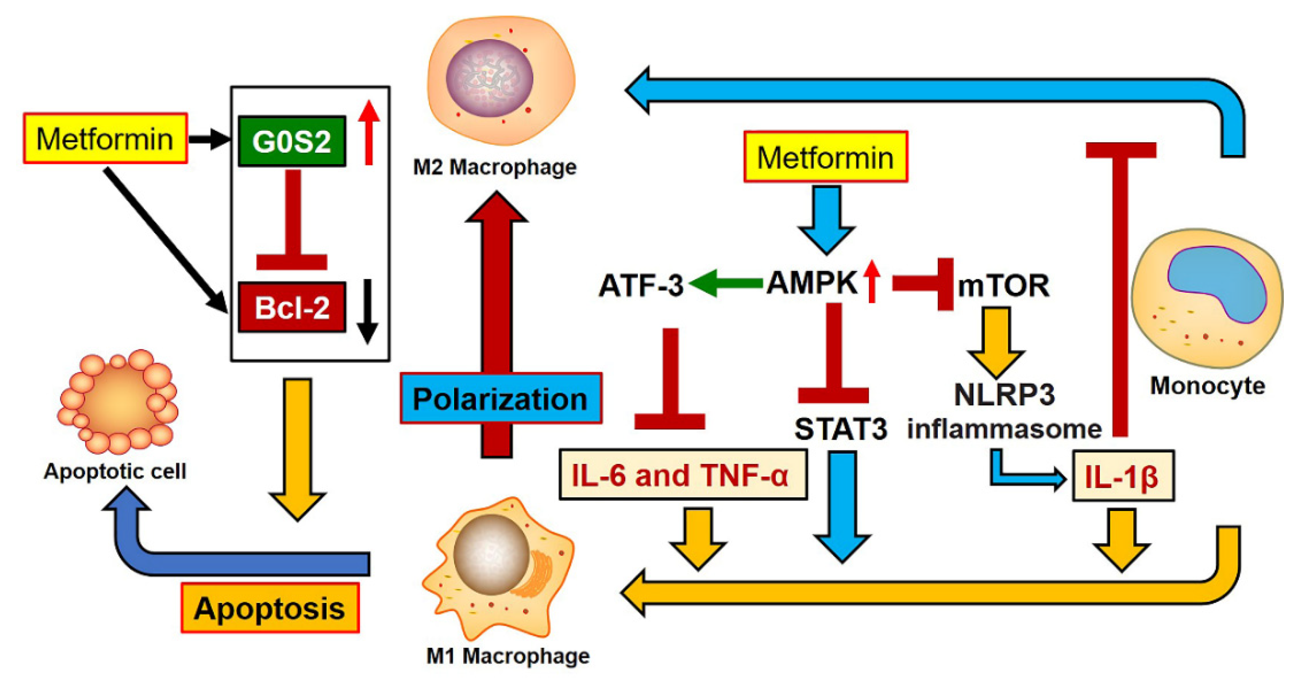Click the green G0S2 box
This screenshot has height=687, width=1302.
292,141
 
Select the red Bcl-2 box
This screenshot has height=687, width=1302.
292,307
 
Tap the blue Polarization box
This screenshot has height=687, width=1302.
500,398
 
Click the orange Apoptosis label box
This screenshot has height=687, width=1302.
270,608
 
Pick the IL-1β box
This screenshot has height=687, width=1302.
1123,476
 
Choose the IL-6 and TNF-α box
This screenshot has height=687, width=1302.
682,475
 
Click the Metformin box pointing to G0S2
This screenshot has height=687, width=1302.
105,138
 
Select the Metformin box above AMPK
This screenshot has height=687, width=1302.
825,157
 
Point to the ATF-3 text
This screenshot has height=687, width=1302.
641,285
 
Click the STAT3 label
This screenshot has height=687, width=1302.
840,429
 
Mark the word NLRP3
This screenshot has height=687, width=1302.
1004,394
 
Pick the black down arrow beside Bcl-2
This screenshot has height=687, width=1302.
367,311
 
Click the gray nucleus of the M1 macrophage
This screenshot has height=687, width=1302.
490,554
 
